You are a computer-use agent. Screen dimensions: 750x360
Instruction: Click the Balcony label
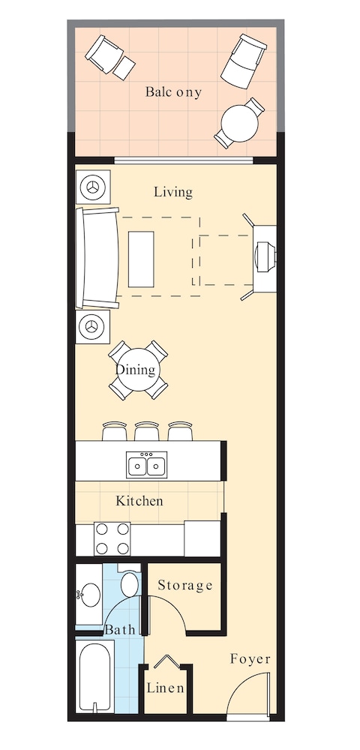[174, 92]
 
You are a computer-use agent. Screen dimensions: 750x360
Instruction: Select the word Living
[173, 192]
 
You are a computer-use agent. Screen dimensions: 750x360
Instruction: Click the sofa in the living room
[97, 259]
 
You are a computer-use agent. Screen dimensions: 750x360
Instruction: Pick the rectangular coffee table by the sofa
[141, 259]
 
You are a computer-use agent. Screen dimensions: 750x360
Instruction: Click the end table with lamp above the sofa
[94, 187]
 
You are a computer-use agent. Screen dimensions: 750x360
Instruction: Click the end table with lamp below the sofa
[92, 327]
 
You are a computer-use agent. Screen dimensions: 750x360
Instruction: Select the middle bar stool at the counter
[146, 430]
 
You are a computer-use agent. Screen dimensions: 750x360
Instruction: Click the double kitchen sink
[146, 466]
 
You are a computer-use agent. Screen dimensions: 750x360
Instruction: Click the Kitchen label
[139, 501]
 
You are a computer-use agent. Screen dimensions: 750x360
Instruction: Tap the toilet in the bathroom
[130, 583]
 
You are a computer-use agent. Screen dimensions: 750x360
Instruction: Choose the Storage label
[185, 585]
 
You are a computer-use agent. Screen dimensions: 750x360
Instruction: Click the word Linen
[166, 688]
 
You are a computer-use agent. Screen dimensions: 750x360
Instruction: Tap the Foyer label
[250, 659]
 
